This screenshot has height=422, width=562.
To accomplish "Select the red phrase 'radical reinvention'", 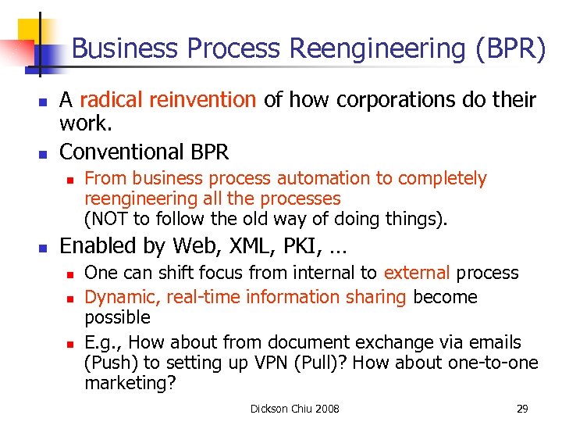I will [168, 100].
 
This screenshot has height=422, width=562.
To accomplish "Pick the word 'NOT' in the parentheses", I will [108, 218].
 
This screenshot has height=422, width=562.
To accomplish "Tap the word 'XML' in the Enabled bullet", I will [250, 246].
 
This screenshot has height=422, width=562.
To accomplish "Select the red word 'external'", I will [416, 273].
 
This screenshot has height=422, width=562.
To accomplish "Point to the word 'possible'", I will [117, 317].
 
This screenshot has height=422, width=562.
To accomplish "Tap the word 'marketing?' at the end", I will [130, 384].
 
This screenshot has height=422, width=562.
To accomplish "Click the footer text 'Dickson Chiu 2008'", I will [294, 409].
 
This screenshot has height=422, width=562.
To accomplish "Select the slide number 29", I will [522, 409].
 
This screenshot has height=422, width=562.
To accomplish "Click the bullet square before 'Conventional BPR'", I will [44, 152].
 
